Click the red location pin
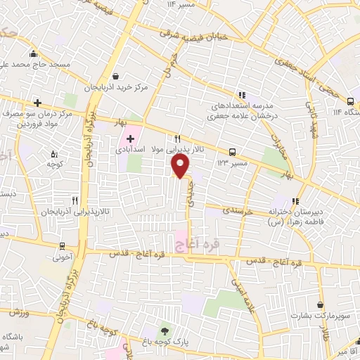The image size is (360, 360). [181, 166]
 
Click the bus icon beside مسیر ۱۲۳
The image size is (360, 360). [232, 151]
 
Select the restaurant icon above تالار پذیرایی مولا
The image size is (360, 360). [178, 139]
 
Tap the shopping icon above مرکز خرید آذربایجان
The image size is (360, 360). [115, 77]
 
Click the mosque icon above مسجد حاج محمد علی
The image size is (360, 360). [33, 54]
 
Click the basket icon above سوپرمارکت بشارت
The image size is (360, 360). [321, 305]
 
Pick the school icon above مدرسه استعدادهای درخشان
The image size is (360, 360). [242, 95]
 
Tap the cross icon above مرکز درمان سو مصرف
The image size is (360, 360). [37, 103]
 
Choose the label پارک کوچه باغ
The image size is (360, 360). [166, 342]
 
